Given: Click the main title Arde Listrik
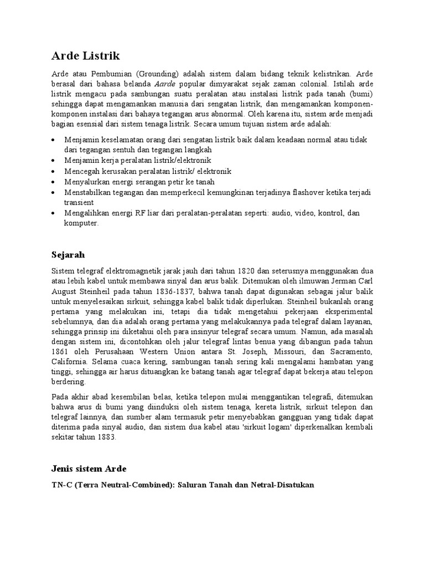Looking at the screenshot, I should coord(85,56).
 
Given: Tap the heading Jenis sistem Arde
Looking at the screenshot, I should coord(89,469).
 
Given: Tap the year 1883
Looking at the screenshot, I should coord(104,437).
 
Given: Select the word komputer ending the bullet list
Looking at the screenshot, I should coord(81,223).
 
